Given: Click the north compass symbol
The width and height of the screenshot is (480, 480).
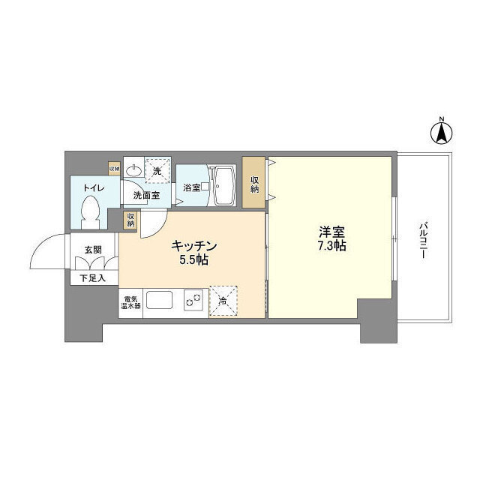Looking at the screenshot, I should tap(442, 133).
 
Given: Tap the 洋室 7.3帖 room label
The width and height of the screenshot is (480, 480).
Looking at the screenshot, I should tap(330, 238).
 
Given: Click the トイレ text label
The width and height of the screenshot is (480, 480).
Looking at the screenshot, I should tap(94, 188).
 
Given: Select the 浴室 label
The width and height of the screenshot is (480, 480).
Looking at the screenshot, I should tap(192, 187).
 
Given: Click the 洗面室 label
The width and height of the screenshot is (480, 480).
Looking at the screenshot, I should tap(146, 196).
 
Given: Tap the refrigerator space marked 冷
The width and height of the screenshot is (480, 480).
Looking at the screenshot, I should tap(223, 300).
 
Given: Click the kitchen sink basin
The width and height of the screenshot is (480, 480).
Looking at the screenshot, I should tap(160, 301).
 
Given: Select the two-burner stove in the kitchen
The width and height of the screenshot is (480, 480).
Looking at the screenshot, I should tap(192, 300).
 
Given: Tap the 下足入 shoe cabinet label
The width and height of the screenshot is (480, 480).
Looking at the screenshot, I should tap(93, 278).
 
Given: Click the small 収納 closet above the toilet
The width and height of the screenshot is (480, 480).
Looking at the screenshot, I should tap(114, 169).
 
